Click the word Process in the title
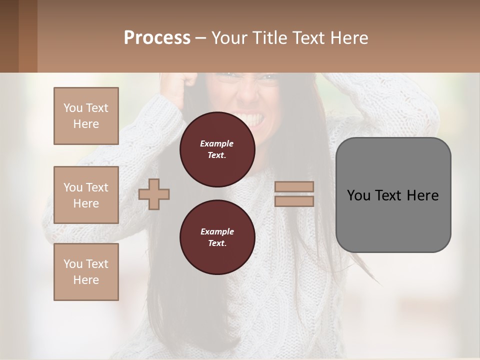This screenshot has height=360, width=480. coord(157,38)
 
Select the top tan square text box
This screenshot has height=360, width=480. coord(86,116)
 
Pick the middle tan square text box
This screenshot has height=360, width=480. coord(86,195)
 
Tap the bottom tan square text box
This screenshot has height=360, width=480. coord(86,272)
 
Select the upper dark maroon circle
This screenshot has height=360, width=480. coord(217,149)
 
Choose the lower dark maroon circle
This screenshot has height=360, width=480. coord(217,237)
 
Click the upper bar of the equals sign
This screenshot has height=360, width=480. coord(294,187)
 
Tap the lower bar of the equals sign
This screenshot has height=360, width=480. coord(294,201)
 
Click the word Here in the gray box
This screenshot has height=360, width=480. coord(422,195)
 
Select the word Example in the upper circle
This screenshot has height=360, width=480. coord(217,143)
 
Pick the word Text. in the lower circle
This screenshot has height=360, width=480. coord(217,243)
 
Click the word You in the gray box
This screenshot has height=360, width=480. coord(358,195)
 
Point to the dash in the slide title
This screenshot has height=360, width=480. coord(200,38)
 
